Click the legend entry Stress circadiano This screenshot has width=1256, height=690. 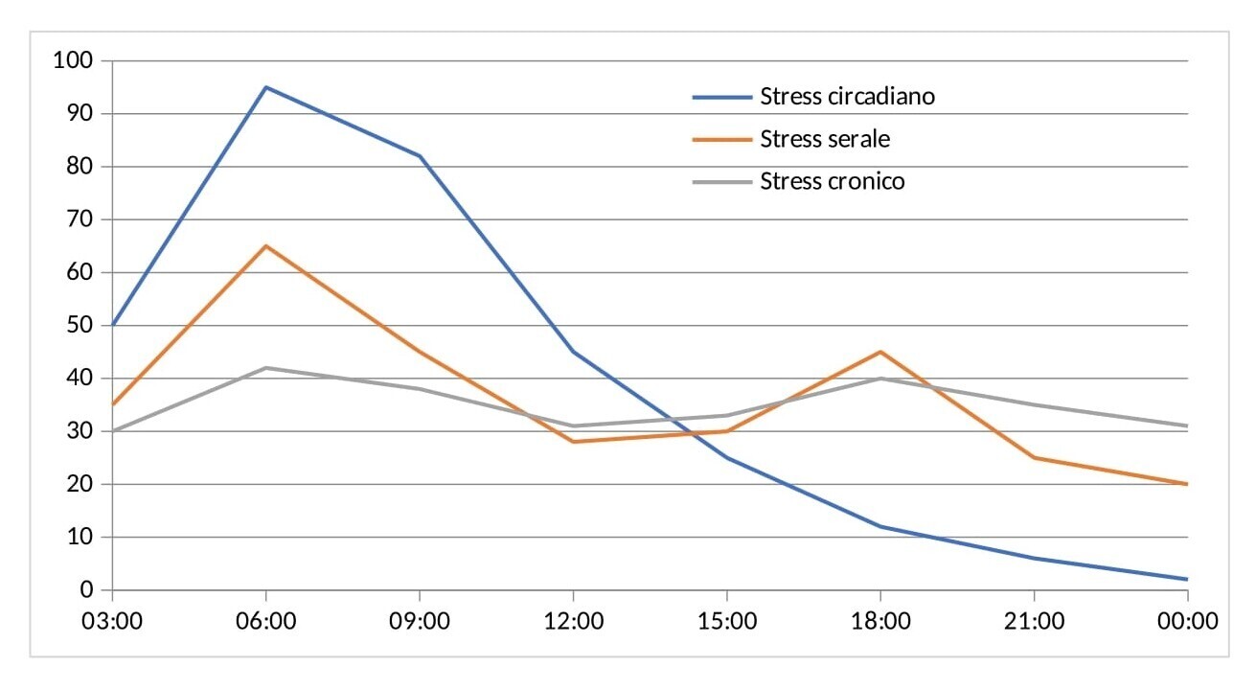(847, 97)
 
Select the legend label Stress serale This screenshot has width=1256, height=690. (825, 139)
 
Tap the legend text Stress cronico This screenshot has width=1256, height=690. (833, 181)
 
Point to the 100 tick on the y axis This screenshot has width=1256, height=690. (73, 60)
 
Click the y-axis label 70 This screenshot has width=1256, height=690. (80, 219)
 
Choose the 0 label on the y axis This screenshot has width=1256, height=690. (86, 589)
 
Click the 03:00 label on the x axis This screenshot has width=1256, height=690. (112, 622)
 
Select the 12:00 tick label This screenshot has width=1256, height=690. (573, 622)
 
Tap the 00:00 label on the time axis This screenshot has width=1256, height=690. (1188, 622)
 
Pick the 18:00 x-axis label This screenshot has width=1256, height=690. (880, 622)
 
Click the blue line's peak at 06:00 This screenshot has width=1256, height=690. (265, 87)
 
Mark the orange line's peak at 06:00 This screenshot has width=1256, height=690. (265, 246)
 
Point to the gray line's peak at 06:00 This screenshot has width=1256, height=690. (265, 368)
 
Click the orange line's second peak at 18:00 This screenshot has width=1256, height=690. (880, 352)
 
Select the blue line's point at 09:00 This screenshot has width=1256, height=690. (420, 156)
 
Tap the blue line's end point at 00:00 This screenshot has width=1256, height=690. (1188, 579)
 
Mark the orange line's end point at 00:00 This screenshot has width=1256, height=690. (1188, 484)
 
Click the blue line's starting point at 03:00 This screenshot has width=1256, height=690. (113, 326)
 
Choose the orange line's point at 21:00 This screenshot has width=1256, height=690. (1034, 458)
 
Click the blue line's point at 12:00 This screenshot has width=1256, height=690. (573, 352)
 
